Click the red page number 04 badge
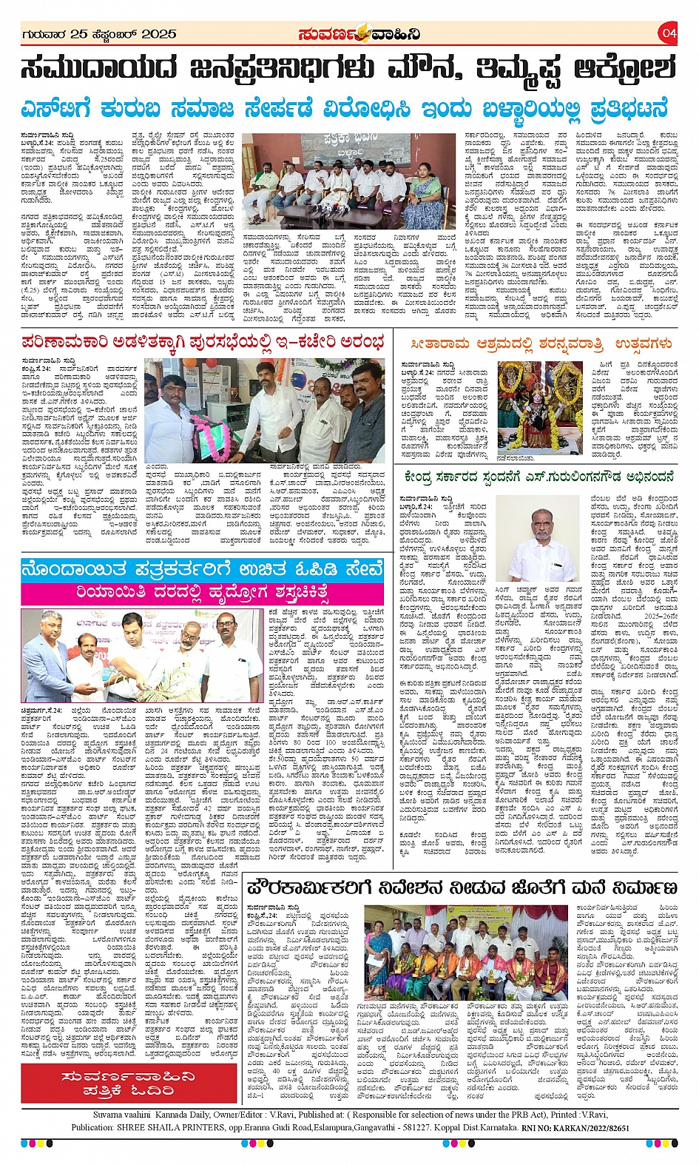click(669, 33)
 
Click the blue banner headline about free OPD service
click(202, 571)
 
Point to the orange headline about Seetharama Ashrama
click(542, 344)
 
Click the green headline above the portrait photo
click(539, 477)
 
